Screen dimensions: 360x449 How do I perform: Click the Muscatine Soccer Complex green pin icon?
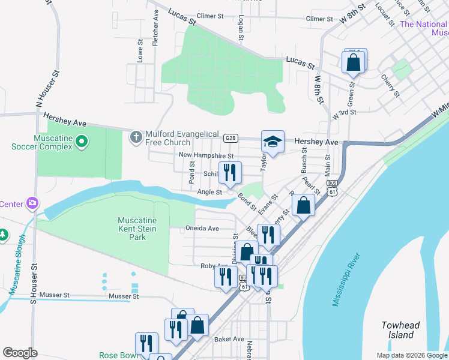[83, 142]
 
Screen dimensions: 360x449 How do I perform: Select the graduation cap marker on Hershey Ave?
[273, 143]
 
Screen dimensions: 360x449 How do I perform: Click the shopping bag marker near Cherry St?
[354, 62]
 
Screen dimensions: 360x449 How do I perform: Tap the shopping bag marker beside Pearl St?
[304, 205]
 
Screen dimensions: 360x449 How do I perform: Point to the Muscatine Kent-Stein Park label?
[131, 229]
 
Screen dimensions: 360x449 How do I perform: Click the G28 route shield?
[230, 138]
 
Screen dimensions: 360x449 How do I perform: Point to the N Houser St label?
[48, 89]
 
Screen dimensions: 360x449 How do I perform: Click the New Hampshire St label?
[206, 155]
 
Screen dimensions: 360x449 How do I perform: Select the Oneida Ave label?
[201, 229]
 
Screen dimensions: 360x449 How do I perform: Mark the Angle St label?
[210, 192]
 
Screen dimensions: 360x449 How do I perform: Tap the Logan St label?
[240, 28]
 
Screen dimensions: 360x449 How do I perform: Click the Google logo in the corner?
[20, 353]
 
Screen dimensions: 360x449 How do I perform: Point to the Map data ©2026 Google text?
[411, 355]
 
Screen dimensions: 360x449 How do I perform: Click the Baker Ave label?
[229, 339]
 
